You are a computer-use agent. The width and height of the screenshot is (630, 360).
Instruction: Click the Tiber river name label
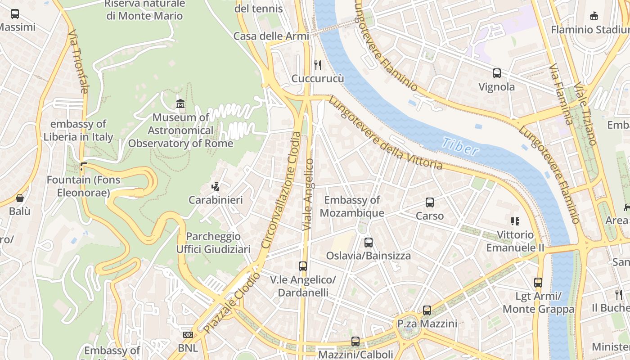tap(460, 147)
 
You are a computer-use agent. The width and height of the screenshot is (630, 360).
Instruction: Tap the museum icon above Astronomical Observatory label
tap(180, 103)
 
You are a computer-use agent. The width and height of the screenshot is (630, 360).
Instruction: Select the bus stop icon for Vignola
tap(497, 73)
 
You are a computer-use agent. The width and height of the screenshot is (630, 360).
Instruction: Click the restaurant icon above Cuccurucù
tap(318, 65)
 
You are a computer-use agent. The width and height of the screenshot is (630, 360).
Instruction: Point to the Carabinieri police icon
tap(216, 186)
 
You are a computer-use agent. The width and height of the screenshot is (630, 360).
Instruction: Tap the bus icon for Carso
tap(430, 202)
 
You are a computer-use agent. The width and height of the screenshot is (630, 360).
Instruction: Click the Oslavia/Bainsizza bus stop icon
tap(369, 243)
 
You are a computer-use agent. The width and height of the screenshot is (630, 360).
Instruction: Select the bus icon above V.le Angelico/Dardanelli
tap(303, 266)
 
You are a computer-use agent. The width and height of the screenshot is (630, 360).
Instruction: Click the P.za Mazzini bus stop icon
tap(427, 310)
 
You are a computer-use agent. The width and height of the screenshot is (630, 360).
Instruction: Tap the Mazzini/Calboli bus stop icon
tap(355, 342)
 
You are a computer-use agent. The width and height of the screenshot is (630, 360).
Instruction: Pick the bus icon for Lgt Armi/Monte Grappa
tap(538, 283)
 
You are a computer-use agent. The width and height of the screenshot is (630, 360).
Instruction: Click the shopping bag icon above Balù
tap(20, 198)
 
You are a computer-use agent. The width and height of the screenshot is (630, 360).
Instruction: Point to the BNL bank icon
tap(188, 335)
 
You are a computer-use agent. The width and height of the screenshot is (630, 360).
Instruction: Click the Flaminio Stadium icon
tap(594, 16)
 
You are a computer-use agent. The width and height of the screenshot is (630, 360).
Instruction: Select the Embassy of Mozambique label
tap(352, 207)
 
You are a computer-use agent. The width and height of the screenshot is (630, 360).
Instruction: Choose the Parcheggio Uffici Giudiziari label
tap(213, 243)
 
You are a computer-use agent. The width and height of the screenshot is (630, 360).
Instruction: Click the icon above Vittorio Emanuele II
tap(515, 221)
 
